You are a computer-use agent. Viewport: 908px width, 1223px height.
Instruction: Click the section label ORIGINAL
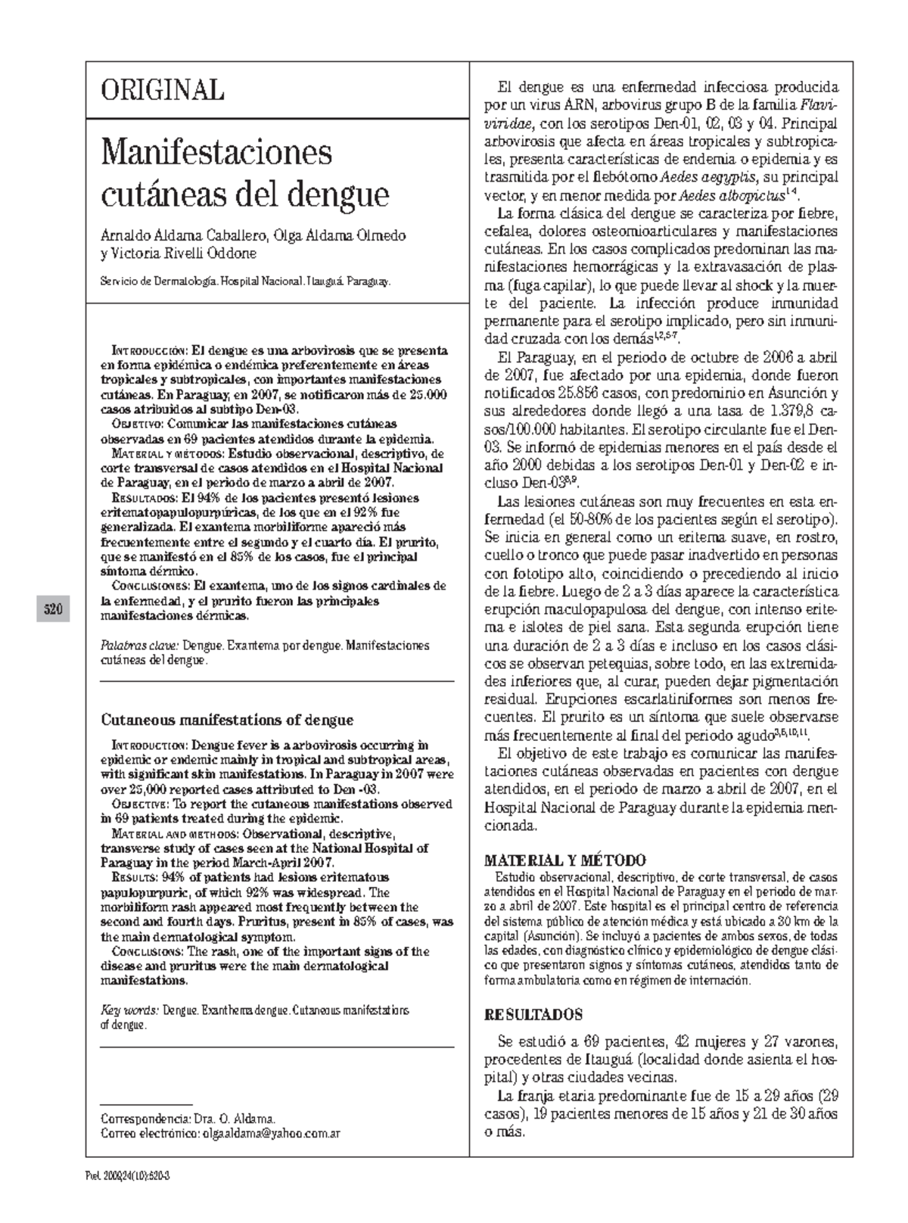tap(163, 90)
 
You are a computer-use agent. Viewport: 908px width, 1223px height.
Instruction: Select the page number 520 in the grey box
tap(52, 609)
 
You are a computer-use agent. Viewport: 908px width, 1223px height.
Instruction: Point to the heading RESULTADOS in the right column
tap(533, 1015)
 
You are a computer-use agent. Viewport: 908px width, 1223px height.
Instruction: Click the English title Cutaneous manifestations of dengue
tap(227, 720)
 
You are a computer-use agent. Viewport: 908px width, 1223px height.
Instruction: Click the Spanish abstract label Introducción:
tap(149, 351)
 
